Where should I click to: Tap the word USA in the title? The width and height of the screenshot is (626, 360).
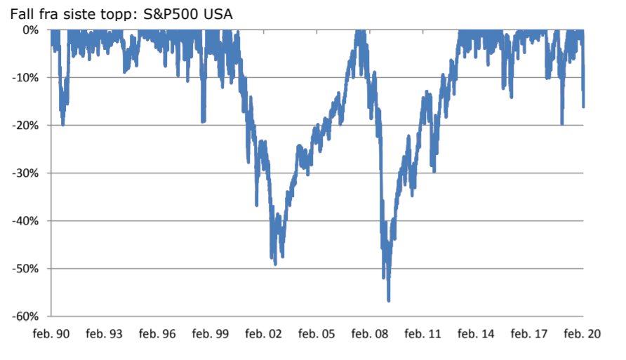click(x=218, y=13)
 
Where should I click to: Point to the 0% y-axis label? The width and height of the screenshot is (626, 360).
click(x=31, y=29)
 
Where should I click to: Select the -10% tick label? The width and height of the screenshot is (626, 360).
click(x=27, y=77)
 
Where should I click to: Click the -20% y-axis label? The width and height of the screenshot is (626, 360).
click(x=27, y=125)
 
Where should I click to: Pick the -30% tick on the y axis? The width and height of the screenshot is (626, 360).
click(x=27, y=173)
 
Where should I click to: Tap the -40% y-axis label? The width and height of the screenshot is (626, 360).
click(x=27, y=220)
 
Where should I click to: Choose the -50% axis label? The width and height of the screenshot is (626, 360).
click(x=27, y=268)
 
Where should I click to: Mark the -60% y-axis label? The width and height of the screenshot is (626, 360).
click(x=27, y=316)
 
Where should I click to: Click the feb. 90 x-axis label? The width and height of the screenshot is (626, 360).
click(x=51, y=334)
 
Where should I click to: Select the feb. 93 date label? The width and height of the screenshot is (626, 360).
click(x=105, y=334)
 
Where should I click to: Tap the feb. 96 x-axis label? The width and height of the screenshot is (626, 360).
click(x=158, y=334)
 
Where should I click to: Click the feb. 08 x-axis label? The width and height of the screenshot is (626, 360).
click(x=370, y=334)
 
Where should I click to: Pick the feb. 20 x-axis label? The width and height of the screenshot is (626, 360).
click(x=583, y=334)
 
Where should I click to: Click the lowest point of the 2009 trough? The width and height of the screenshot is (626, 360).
click(x=389, y=300)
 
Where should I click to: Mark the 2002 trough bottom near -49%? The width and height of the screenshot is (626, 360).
click(x=275, y=264)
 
